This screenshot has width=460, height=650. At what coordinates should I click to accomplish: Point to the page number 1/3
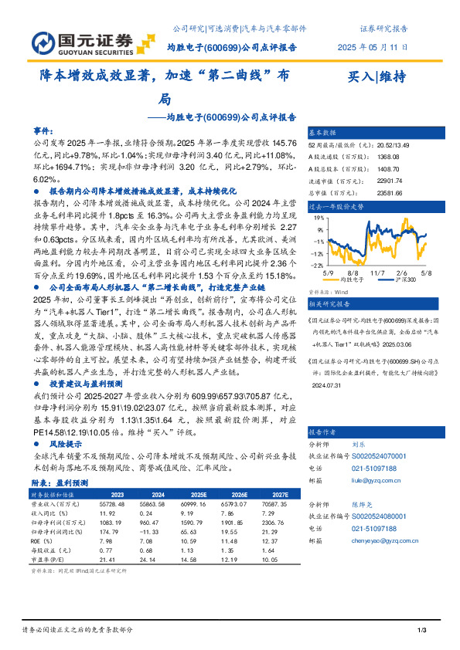[422, 631]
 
